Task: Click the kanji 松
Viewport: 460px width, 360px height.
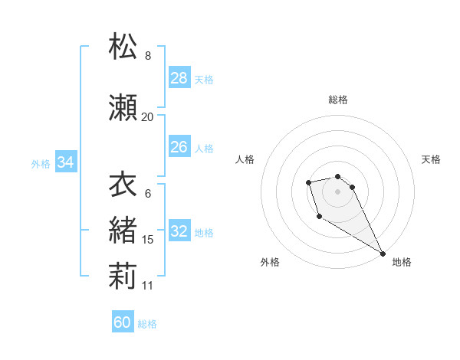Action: click(x=123, y=47)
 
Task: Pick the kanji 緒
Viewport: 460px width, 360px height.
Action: click(x=123, y=230)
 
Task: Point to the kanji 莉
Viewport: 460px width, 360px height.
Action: click(x=123, y=277)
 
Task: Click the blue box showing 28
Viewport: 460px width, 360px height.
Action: click(x=179, y=78)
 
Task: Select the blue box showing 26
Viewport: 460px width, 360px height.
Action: click(x=179, y=147)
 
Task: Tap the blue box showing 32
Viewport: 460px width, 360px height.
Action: click(x=179, y=232)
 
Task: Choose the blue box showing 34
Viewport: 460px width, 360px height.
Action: click(x=66, y=162)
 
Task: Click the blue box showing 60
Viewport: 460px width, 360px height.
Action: click(x=123, y=322)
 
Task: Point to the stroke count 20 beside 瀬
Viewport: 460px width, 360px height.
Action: click(x=147, y=116)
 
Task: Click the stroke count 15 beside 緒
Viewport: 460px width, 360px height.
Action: click(x=148, y=240)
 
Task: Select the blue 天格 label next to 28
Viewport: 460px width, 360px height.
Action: click(x=204, y=79)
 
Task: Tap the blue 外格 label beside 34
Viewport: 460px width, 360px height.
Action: click(x=41, y=163)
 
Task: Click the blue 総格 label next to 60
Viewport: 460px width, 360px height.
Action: click(x=147, y=323)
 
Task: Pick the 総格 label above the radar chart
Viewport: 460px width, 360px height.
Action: click(x=338, y=100)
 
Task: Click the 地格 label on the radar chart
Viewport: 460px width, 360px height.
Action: click(x=402, y=262)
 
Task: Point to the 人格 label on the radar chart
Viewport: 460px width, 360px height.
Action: click(x=245, y=159)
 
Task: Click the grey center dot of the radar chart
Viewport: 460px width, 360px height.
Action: click(x=338, y=191)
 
